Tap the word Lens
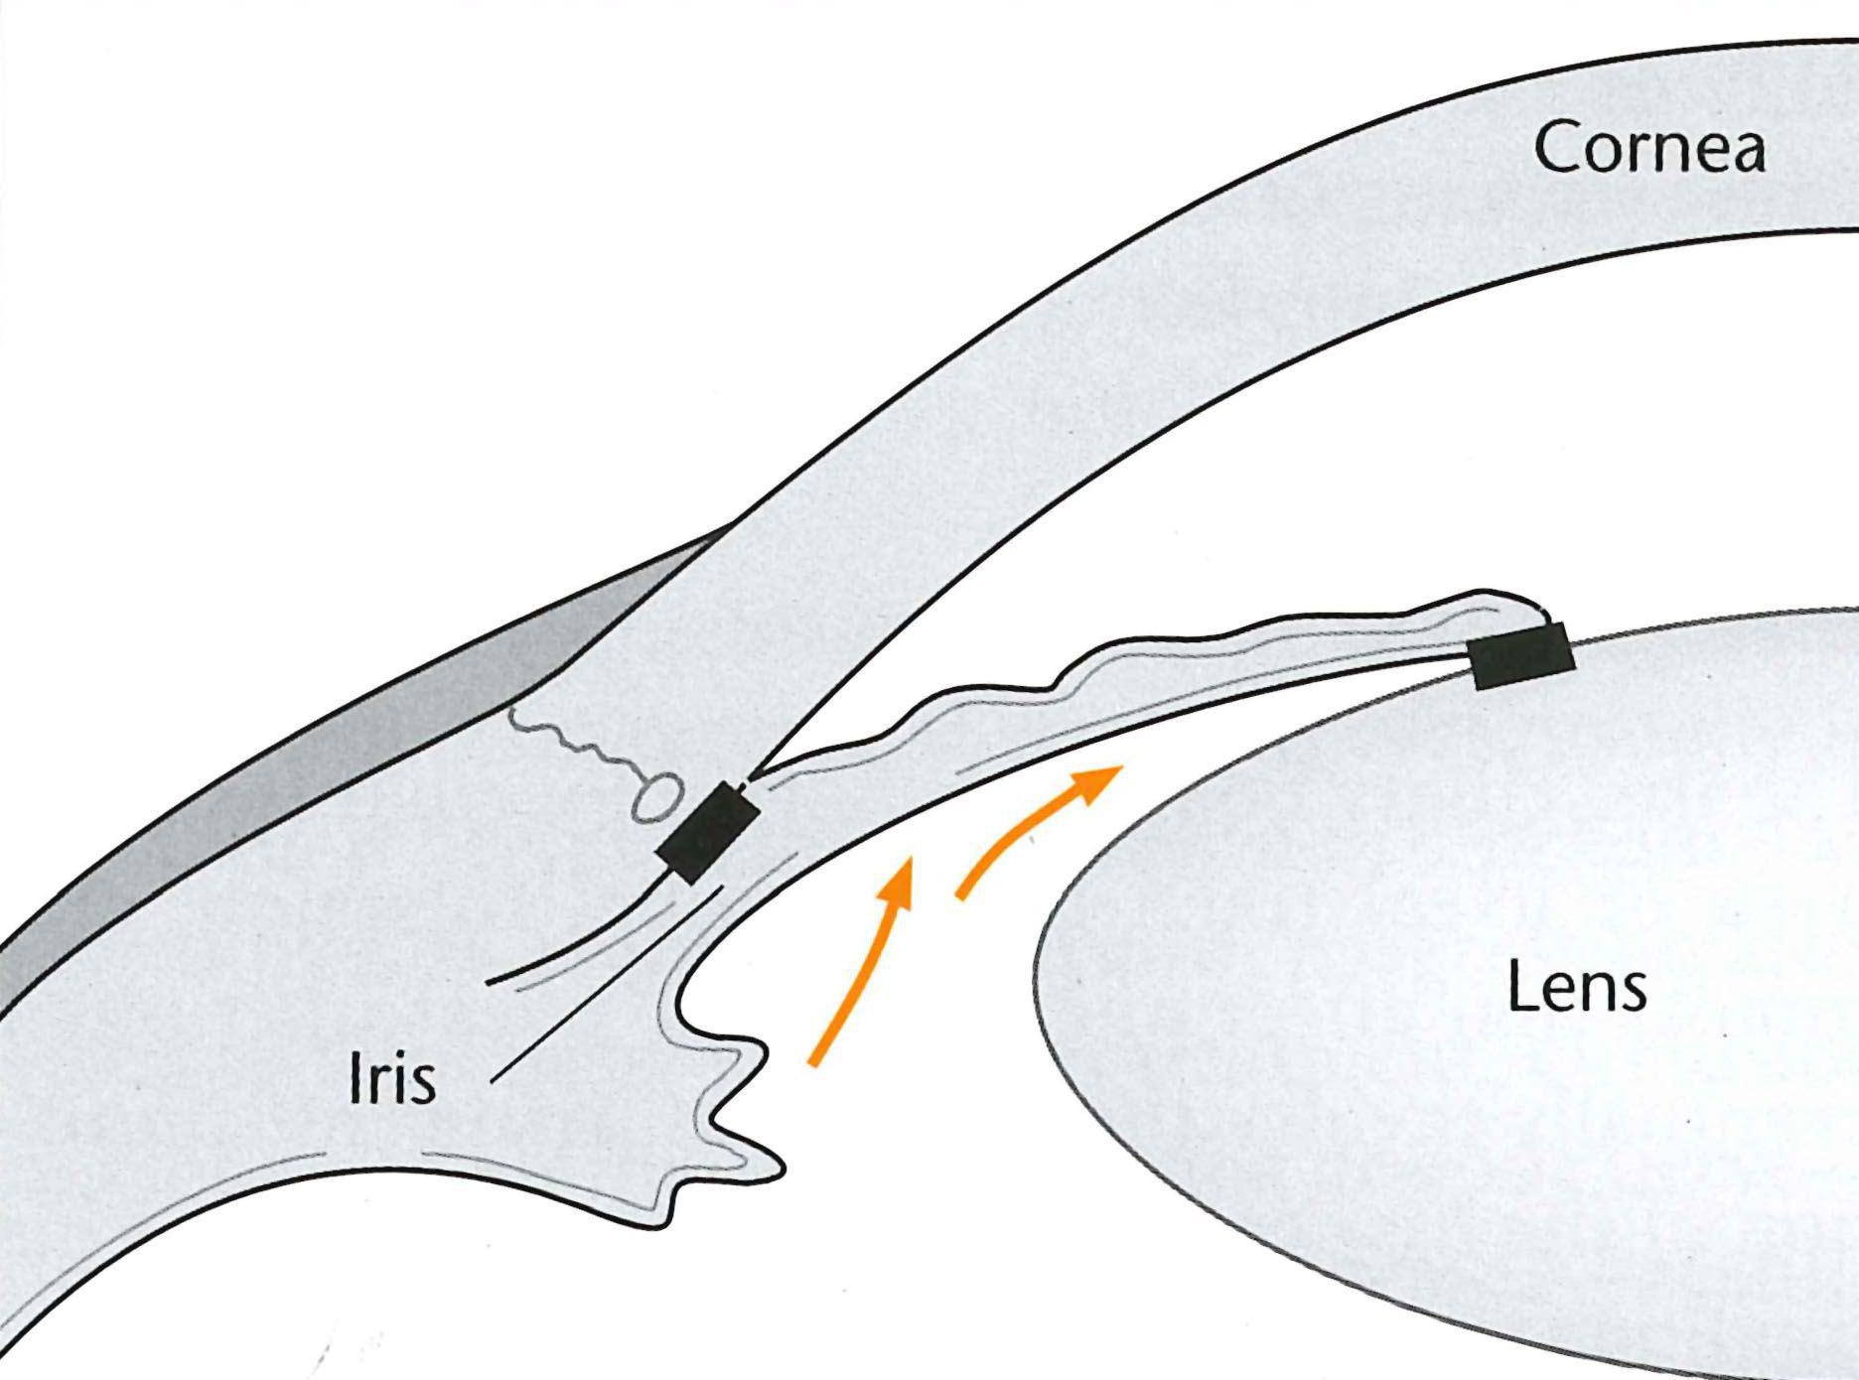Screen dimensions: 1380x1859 (x=1577, y=988)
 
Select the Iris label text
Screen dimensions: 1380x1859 (x=392, y=1080)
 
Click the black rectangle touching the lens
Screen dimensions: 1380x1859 (x=1521, y=656)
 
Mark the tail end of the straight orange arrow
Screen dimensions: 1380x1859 (x=813, y=1064)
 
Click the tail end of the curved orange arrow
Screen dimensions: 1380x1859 (x=959, y=897)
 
